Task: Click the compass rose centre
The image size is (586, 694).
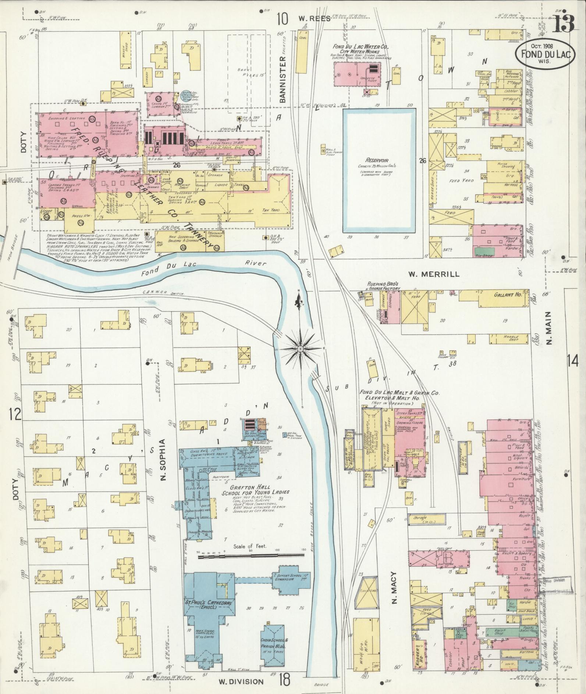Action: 301,348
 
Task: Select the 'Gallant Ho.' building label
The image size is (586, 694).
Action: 504,295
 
